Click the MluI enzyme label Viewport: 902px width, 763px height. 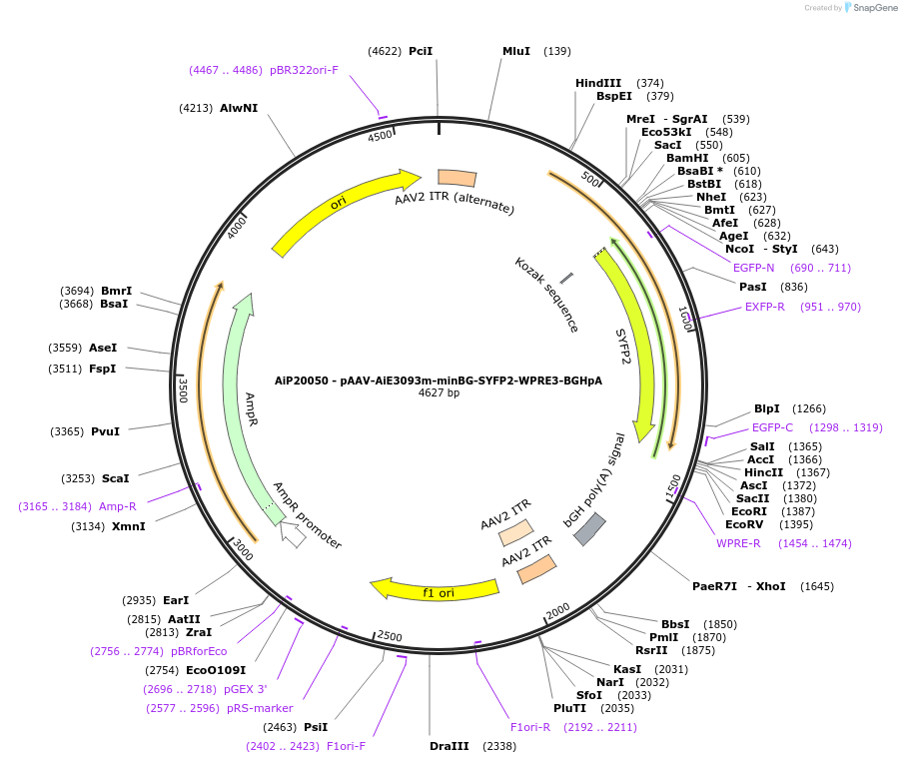pyautogui.click(x=516, y=51)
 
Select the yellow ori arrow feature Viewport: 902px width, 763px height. pyautogui.click(x=340, y=207)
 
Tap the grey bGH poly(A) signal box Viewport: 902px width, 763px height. pyautogui.click(x=590, y=528)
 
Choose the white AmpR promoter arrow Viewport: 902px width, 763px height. pyautogui.click(x=293, y=535)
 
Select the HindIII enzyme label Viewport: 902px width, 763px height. pyautogui.click(x=598, y=83)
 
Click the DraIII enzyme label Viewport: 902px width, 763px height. pyautogui.click(x=447, y=746)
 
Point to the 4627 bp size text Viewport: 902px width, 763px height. pyautogui.click(x=439, y=393)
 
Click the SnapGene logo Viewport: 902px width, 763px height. pyautogui.click(x=870, y=8)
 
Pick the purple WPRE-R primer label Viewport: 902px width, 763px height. pyautogui.click(x=738, y=543)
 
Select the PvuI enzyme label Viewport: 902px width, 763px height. pyautogui.click(x=105, y=431)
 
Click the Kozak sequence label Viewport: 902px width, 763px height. pyautogui.click(x=547, y=296)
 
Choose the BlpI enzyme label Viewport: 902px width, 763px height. pyautogui.click(x=767, y=408)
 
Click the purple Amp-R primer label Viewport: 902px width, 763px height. pyautogui.click(x=118, y=506)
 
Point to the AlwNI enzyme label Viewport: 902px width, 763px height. pyautogui.click(x=239, y=108)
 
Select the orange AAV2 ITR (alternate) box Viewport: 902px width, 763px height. pyautogui.click(x=457, y=178)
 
